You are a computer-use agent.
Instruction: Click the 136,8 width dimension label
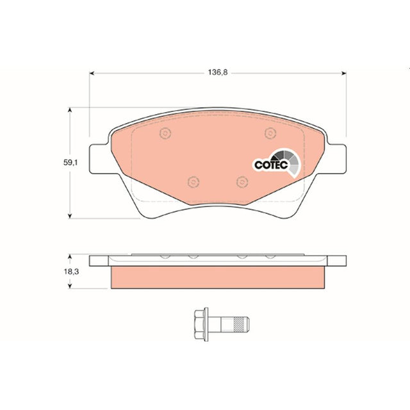218,72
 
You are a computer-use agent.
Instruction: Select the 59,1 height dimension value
70,163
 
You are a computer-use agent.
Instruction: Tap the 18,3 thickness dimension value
71,272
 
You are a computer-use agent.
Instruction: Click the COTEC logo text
271,165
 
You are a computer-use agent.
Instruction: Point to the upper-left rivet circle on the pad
165,133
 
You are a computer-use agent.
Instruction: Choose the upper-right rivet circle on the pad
270,133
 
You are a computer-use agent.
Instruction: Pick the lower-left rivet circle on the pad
193,182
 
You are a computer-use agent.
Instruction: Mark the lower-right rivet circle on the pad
242,182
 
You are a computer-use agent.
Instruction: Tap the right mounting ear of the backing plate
336,159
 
